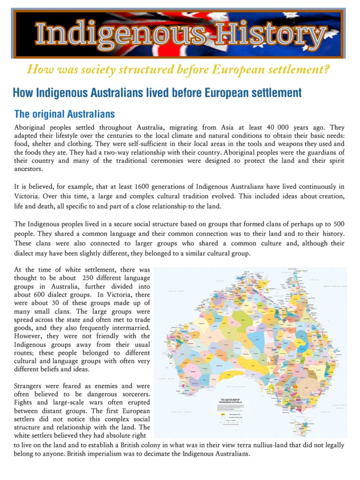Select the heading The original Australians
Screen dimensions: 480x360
point(65,114)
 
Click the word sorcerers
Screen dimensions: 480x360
point(132,395)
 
